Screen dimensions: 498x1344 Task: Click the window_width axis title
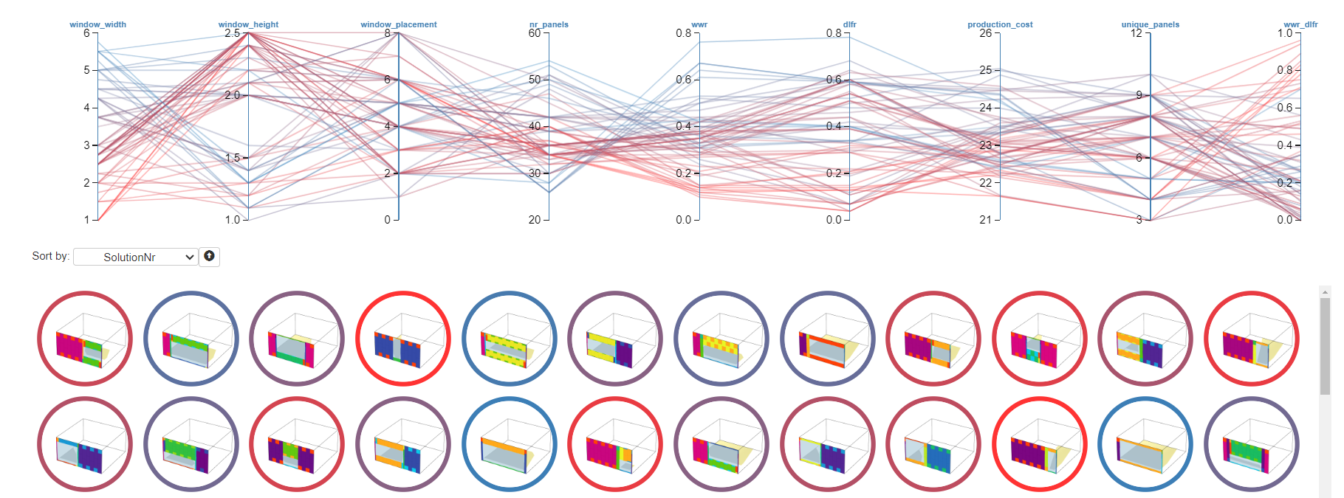pyautogui.click(x=97, y=24)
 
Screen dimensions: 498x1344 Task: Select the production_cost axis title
pyautogui.click(x=1000, y=24)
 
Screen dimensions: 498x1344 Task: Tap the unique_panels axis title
pyautogui.click(x=1150, y=24)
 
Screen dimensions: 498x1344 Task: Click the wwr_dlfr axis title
pyautogui.click(x=1300, y=24)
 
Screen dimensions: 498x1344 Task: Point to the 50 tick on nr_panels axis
pyautogui.click(x=535, y=80)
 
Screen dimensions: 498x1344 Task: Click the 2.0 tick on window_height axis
pyautogui.click(x=233, y=95)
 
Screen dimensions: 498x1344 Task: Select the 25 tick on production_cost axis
pyautogui.click(x=985, y=70)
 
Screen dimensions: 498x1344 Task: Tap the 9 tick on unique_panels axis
pyautogui.click(x=1139, y=95)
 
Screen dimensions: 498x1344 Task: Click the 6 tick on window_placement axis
pyautogui.click(x=387, y=80)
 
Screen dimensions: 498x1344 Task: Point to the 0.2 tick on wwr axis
pyautogui.click(x=683, y=173)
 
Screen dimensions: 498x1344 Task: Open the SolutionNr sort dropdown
pyautogui.click(x=136, y=257)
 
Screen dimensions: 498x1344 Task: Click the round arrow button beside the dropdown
pyautogui.click(x=210, y=256)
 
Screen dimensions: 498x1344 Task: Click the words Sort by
pyautogui.click(x=50, y=256)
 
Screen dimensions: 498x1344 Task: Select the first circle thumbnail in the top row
pyautogui.click(x=85, y=339)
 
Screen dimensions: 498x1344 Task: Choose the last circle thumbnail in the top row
pyautogui.click(x=1252, y=339)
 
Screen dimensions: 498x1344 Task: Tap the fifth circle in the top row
pyautogui.click(x=510, y=339)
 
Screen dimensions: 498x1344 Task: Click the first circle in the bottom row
pyautogui.click(x=85, y=444)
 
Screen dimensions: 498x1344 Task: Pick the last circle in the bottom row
pyautogui.click(x=1252, y=444)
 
